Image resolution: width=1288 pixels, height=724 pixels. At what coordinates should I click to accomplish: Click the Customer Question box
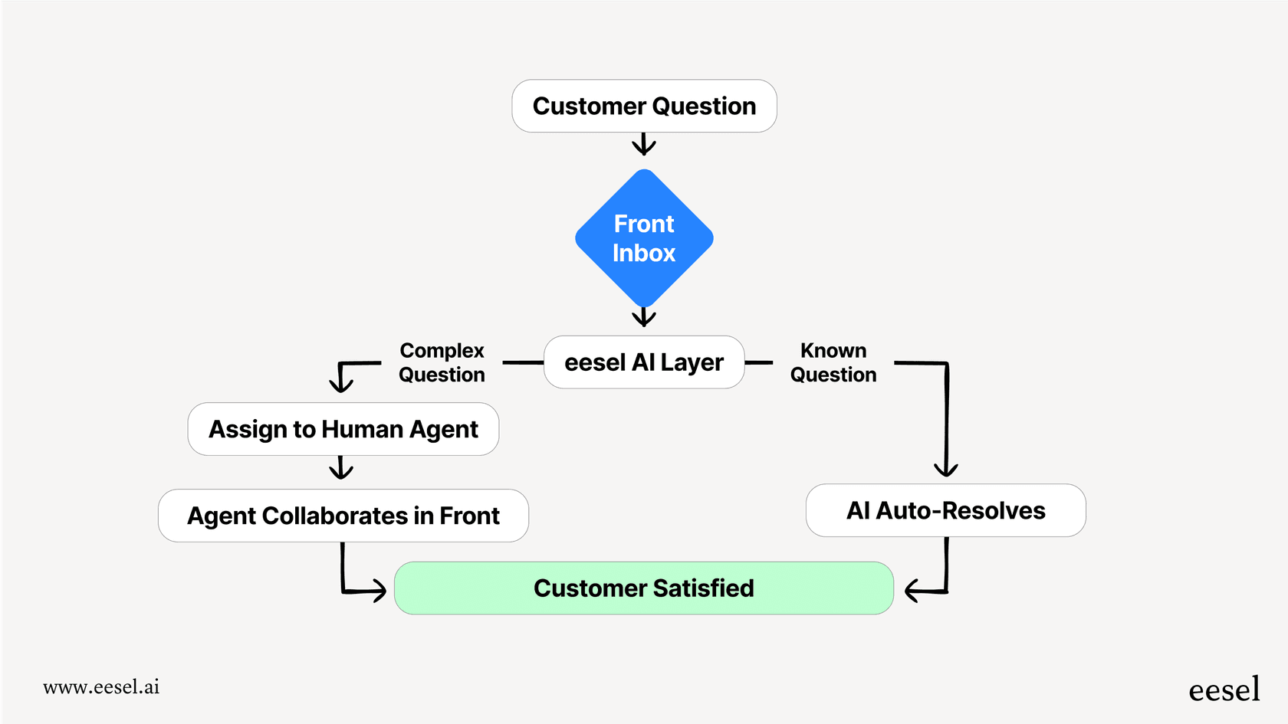(644, 106)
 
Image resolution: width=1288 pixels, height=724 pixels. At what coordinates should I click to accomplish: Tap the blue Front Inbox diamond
(644, 238)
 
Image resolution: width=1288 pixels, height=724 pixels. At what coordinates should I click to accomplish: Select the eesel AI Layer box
(644, 362)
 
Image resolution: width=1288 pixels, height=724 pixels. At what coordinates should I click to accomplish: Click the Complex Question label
(442, 362)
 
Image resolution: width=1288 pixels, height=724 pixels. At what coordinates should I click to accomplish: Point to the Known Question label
(833, 362)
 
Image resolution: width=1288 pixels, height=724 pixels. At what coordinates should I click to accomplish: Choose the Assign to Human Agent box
(343, 429)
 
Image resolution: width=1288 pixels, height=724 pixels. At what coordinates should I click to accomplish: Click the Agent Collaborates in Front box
(343, 516)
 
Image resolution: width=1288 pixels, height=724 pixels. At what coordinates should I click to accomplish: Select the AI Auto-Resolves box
(945, 510)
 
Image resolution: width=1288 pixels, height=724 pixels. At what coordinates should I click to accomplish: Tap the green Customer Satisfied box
(644, 588)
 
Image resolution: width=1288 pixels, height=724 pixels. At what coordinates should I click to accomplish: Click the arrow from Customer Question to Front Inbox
(644, 144)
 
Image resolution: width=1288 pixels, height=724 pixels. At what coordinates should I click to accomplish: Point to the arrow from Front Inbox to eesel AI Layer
(644, 316)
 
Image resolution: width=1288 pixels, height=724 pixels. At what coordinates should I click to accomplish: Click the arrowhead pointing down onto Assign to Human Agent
(341, 382)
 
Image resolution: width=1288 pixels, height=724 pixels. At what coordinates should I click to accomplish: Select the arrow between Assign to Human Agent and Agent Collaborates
(341, 467)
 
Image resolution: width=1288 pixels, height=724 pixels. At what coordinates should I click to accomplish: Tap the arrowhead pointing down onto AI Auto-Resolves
(946, 467)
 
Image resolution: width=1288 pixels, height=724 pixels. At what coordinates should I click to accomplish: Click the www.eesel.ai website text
(101, 687)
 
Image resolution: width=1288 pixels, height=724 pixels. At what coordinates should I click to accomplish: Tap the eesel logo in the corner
(1224, 690)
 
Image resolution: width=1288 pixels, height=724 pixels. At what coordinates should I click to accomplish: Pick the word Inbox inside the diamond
(644, 254)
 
